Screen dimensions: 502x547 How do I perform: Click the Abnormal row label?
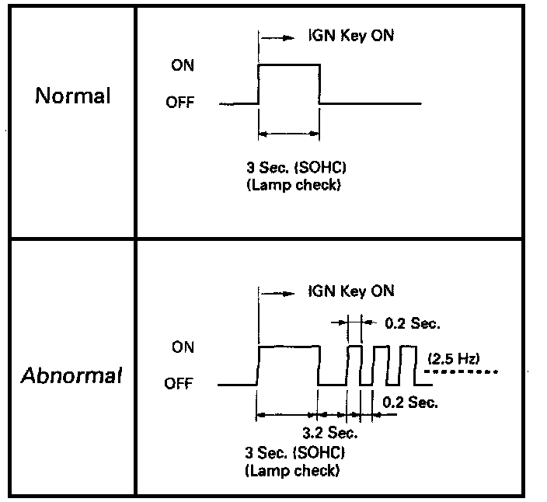(x=72, y=377)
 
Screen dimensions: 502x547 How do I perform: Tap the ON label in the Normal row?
(x=183, y=66)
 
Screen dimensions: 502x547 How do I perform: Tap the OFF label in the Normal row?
(x=180, y=103)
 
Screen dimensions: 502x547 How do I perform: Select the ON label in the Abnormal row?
(x=183, y=347)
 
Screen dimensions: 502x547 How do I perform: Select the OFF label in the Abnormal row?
(x=180, y=384)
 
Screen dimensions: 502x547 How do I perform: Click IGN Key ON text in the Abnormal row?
(x=350, y=291)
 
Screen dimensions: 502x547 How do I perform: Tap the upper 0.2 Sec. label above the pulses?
(x=412, y=320)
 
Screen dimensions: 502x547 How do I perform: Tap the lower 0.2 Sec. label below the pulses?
(x=410, y=403)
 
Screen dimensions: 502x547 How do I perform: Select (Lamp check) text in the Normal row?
(x=292, y=187)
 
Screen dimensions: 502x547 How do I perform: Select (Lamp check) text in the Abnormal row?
(x=292, y=470)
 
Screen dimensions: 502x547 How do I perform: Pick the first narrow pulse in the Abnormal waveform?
(x=354, y=364)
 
